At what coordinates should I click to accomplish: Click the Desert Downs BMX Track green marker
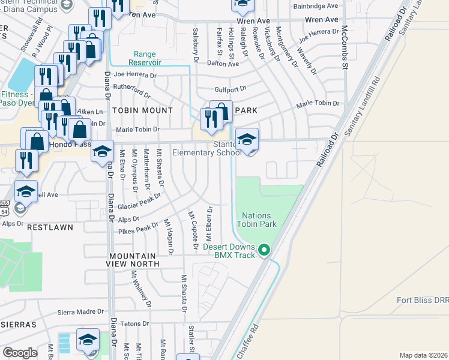(264, 250)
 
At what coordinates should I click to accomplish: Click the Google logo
(20, 352)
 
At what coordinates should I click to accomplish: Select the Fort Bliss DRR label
(423, 300)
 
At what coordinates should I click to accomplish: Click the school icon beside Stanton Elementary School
(246, 140)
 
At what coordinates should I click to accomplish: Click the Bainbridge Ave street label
(316, 6)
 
